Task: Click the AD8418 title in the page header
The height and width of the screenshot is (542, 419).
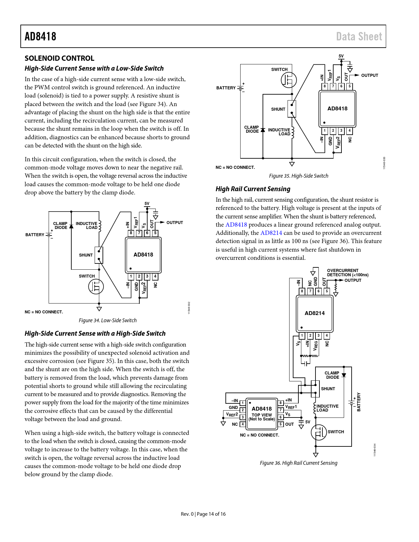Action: pyautogui.click(x=40, y=36)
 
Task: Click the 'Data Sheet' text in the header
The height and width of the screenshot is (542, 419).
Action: pyautogui.click(x=359, y=36)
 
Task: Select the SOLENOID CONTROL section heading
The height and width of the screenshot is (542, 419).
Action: pyautogui.click(x=59, y=58)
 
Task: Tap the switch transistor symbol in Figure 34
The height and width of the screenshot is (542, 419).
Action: pyautogui.click(x=96, y=287)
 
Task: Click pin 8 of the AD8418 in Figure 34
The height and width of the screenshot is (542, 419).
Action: pyautogui.click(x=131, y=233)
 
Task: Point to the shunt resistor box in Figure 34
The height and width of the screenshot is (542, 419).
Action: pyautogui.click(x=99, y=255)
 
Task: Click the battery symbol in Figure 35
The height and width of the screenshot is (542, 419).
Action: pyautogui.click(x=241, y=88)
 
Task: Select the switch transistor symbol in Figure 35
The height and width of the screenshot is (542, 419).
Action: pyautogui.click(x=289, y=80)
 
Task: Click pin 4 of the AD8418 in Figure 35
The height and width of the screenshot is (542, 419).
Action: pyautogui.click(x=350, y=131)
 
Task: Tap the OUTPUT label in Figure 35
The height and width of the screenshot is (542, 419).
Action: pyautogui.click(x=369, y=76)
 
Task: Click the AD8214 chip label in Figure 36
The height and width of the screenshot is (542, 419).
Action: pyautogui.click(x=314, y=313)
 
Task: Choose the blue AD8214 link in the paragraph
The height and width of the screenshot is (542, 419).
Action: pyautogui.click(x=271, y=233)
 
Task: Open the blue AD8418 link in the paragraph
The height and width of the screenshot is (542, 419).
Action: pyautogui.click(x=236, y=225)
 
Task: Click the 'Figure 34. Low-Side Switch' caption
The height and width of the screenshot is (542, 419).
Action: pyautogui.click(x=107, y=320)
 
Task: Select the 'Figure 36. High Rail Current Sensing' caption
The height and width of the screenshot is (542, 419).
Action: pyautogui.click(x=298, y=463)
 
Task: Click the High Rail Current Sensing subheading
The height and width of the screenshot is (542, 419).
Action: pyautogui.click(x=253, y=189)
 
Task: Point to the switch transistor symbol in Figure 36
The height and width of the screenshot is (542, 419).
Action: pyautogui.click(x=318, y=432)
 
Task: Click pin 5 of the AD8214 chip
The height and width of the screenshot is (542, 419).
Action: pyautogui.click(x=327, y=291)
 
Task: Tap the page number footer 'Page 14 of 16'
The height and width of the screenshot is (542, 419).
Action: pyautogui.click(x=211, y=514)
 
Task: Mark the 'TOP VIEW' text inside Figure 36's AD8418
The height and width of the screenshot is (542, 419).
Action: pyautogui.click(x=262, y=415)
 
